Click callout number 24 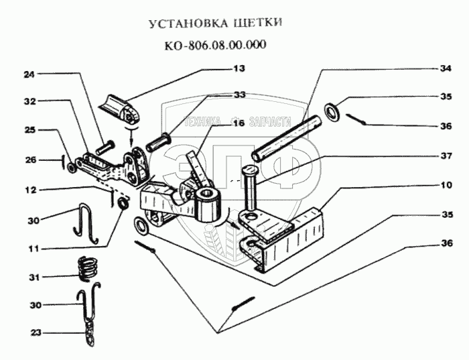point(28,74)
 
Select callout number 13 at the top point(239,68)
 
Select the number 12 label point(28,190)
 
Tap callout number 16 point(238,123)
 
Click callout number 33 point(239,95)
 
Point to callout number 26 point(28,160)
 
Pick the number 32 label point(28,102)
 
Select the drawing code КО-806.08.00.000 point(214,46)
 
